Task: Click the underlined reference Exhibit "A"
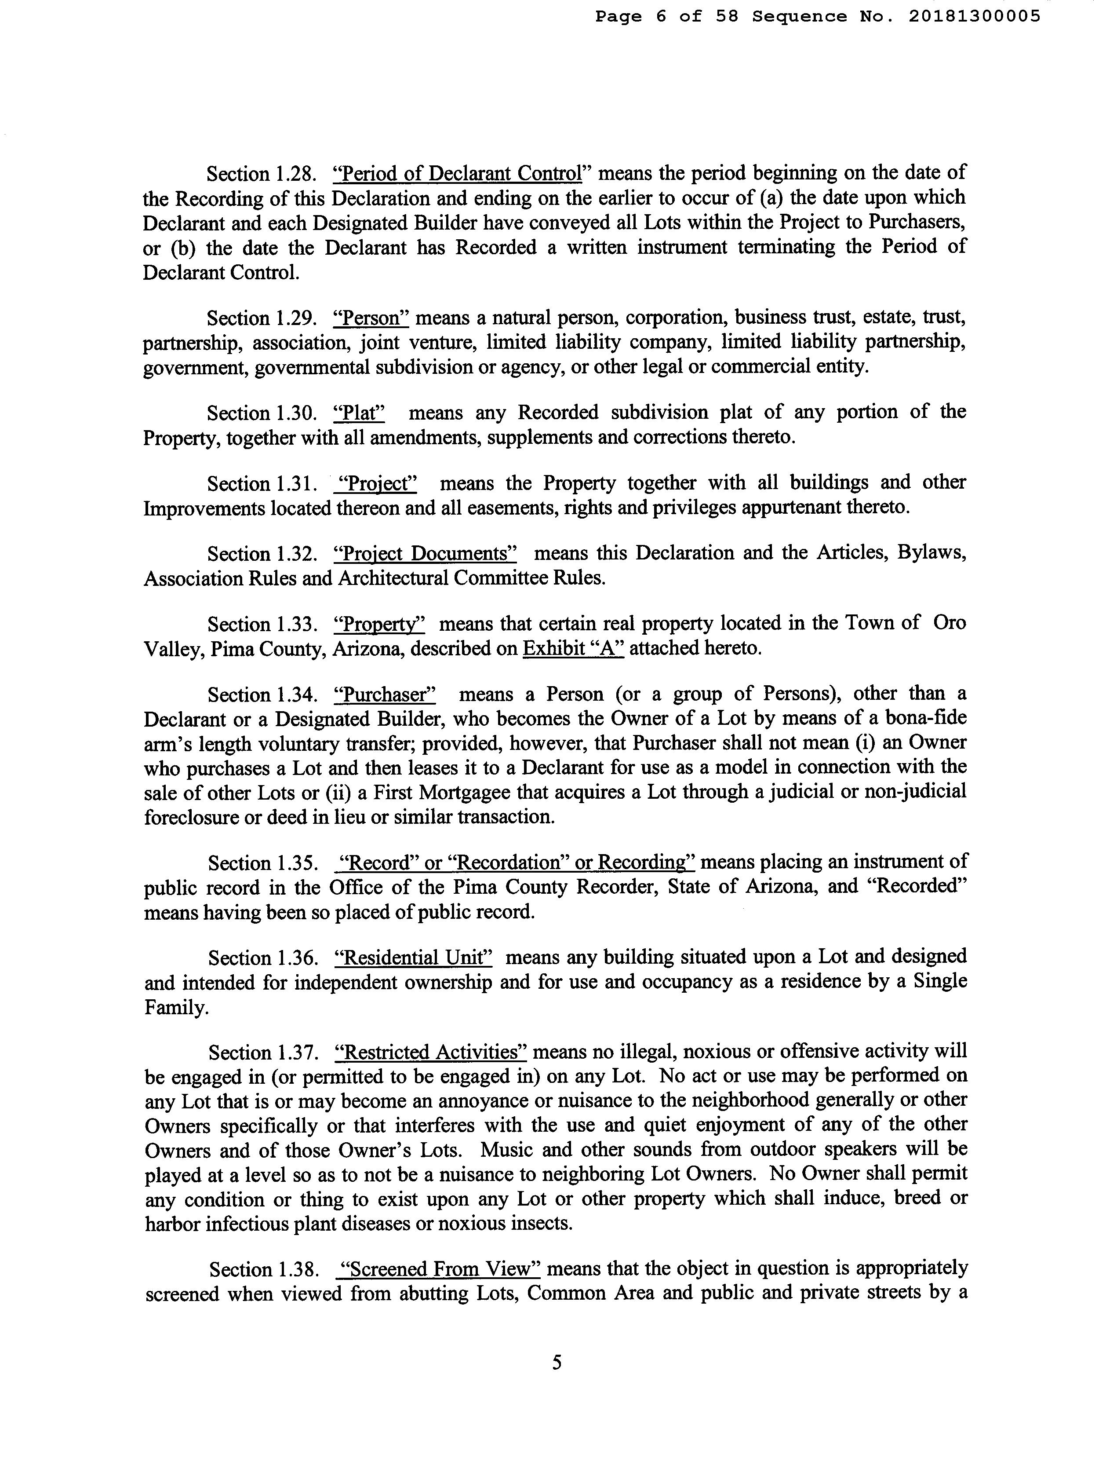(573, 648)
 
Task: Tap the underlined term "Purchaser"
(384, 695)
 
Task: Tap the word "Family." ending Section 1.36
(176, 1009)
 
